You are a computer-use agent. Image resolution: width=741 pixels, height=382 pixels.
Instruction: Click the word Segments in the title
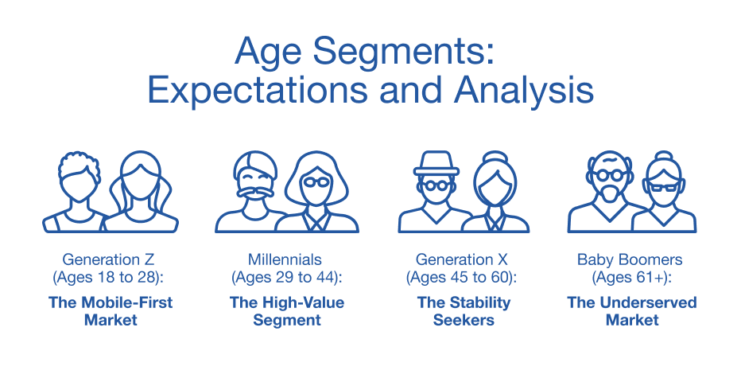pos(403,52)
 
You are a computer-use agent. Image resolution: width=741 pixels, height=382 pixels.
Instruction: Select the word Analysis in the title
pos(524,90)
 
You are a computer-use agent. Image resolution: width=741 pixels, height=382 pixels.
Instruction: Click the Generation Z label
pos(108,259)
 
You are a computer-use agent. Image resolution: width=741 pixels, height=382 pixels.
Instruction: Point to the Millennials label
pos(285,259)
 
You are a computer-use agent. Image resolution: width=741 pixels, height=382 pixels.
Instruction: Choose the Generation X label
pos(462,259)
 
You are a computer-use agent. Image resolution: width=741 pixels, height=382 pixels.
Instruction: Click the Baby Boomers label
pos(630,260)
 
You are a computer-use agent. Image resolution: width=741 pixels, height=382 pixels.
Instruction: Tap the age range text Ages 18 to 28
pos(108,278)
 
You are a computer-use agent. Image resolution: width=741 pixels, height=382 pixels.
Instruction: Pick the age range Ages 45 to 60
pos(461,278)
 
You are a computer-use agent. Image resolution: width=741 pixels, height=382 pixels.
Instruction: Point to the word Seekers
pos(464,320)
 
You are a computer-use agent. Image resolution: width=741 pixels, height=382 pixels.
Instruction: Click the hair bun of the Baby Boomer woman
pos(665,157)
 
